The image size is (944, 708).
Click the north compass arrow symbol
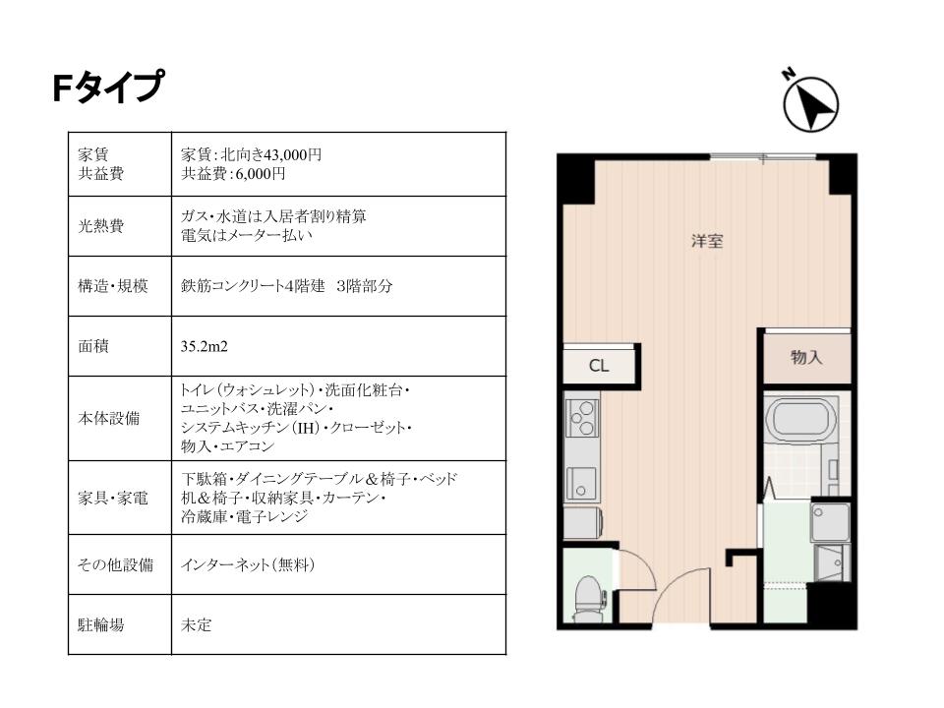(809, 103)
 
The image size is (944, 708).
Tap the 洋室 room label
(707, 242)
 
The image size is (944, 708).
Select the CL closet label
(599, 366)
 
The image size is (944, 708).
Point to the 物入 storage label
(806, 357)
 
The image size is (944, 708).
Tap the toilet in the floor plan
(588, 599)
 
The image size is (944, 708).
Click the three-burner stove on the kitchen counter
(582, 417)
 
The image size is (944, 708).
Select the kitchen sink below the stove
(581, 484)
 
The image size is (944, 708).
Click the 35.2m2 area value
(205, 346)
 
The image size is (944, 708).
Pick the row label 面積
(93, 346)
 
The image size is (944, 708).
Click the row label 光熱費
(101, 226)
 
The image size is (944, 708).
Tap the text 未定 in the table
(197, 625)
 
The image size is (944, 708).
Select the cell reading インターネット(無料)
(248, 564)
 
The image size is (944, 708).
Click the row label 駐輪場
(101, 625)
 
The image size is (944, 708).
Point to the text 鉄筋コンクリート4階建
(253, 286)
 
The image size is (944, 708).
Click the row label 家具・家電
(112, 498)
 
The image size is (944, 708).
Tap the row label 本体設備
(109, 418)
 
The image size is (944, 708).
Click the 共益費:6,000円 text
(233, 174)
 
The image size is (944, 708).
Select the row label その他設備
(115, 564)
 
